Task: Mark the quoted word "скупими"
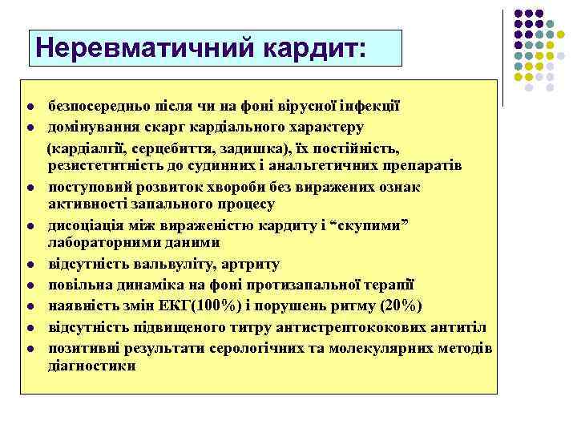click(370, 225)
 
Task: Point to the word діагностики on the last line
click(91, 366)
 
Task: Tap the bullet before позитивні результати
click(29, 348)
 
